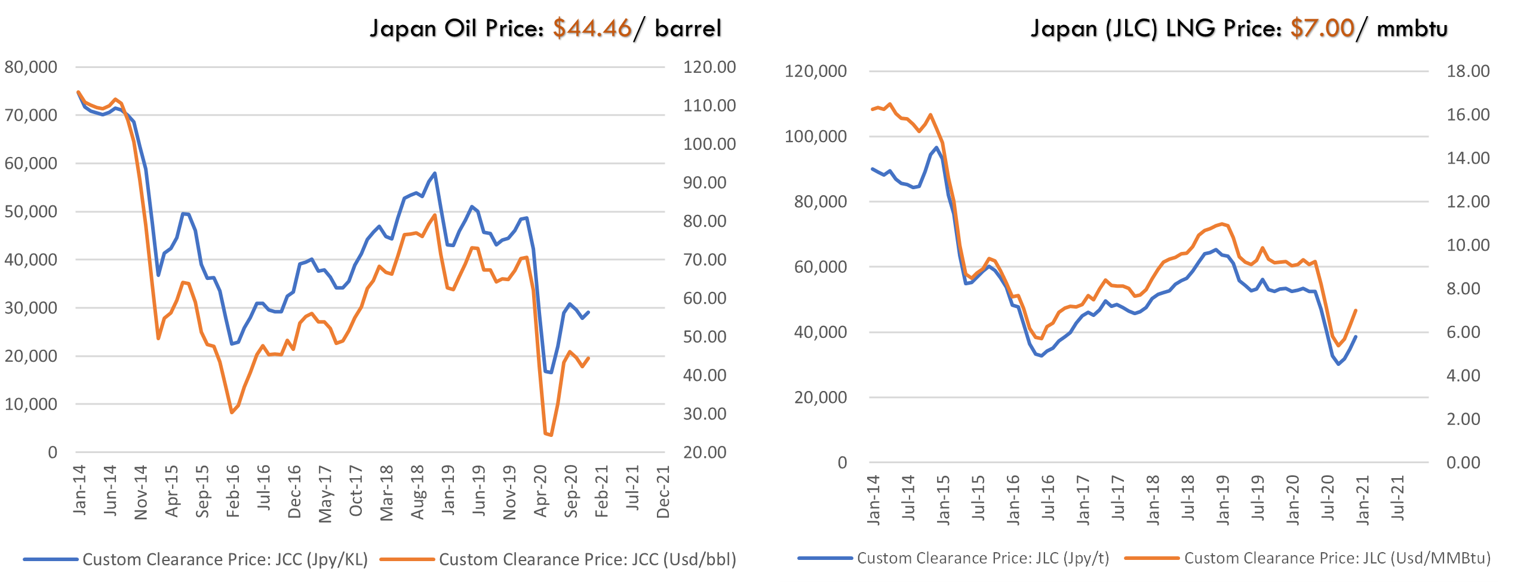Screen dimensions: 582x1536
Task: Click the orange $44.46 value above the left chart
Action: point(591,27)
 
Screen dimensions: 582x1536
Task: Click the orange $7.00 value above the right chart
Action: point(1322,27)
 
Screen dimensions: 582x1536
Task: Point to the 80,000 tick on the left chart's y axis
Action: point(31,67)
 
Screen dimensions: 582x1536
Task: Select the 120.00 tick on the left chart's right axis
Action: point(709,67)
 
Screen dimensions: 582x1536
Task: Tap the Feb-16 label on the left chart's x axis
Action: point(233,491)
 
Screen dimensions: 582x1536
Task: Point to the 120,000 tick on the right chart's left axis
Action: point(815,71)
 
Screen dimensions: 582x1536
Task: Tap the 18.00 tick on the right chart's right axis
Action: point(1468,71)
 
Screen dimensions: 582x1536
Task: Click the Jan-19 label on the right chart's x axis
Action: point(1222,500)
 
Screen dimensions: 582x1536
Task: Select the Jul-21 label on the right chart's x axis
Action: point(1397,498)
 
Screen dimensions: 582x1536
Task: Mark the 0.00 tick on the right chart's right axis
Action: point(1463,463)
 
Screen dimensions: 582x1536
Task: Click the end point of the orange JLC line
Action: point(1356,310)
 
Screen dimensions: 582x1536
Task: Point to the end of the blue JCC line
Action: point(588,312)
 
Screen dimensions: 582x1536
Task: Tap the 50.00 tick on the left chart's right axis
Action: point(705,337)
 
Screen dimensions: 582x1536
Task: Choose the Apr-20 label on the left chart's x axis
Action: point(540,491)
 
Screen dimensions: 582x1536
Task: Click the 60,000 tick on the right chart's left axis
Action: point(820,267)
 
